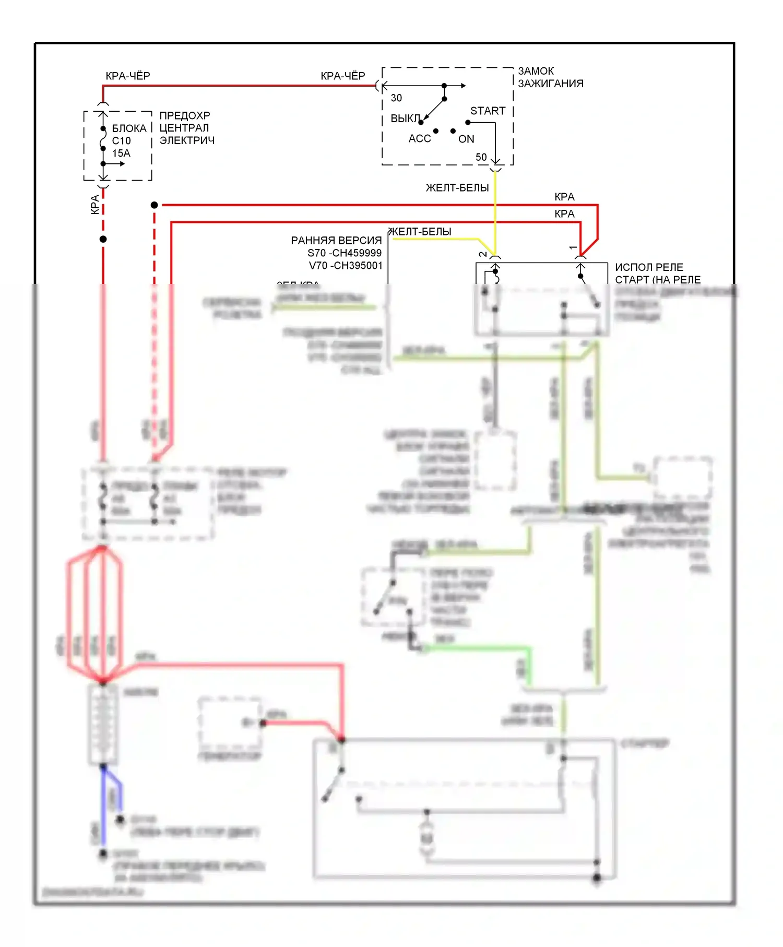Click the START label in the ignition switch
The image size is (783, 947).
click(488, 111)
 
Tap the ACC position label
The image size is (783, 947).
click(420, 138)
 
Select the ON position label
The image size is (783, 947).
click(466, 139)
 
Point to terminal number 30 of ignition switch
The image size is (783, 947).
click(396, 98)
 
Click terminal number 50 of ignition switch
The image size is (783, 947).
click(481, 157)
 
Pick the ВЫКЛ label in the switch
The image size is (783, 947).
click(405, 119)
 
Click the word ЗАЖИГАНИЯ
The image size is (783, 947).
click(550, 84)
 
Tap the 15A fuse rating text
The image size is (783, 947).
click(121, 153)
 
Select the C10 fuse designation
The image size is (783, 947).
click(121, 141)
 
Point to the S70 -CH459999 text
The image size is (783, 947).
click(344, 253)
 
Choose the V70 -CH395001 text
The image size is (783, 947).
click(346, 266)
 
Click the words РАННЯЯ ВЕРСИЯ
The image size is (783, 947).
click(336, 241)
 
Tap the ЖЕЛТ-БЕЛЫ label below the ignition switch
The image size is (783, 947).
click(457, 188)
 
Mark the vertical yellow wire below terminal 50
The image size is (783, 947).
click(495, 209)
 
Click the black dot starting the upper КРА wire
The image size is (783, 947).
click(154, 205)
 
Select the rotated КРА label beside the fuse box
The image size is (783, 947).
click(94, 205)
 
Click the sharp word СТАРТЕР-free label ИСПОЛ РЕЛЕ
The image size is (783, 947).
click(648, 267)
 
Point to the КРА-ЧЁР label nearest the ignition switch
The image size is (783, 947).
click(342, 76)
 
